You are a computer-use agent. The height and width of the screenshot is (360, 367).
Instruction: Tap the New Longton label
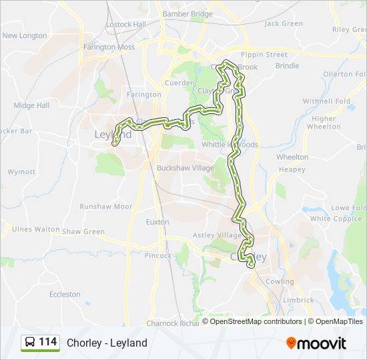click(x=25, y=36)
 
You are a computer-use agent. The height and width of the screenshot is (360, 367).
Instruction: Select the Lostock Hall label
click(x=126, y=25)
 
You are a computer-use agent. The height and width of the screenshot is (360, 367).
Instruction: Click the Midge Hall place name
click(x=31, y=105)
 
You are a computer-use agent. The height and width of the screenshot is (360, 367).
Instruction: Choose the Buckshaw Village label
click(x=186, y=168)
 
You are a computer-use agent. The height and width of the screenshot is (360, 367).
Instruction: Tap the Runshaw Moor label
click(x=106, y=207)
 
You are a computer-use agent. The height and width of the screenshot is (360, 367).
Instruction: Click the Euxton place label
click(x=157, y=221)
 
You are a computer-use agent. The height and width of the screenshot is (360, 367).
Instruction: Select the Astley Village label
click(x=217, y=235)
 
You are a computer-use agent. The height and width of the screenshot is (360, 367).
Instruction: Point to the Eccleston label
click(x=65, y=294)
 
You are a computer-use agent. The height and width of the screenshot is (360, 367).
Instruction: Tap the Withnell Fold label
click(x=326, y=101)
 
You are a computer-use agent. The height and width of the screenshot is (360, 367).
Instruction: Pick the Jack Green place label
click(x=284, y=23)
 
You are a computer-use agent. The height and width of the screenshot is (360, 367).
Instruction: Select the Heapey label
click(x=292, y=170)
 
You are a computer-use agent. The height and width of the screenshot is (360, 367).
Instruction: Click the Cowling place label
click(x=280, y=282)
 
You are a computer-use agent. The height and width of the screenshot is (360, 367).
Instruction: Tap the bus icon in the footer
click(x=29, y=343)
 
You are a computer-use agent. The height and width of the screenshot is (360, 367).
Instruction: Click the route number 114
click(x=48, y=342)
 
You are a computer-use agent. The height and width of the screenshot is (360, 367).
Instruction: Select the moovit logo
click(x=316, y=343)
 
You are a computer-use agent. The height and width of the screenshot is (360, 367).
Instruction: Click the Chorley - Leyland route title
click(x=107, y=343)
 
